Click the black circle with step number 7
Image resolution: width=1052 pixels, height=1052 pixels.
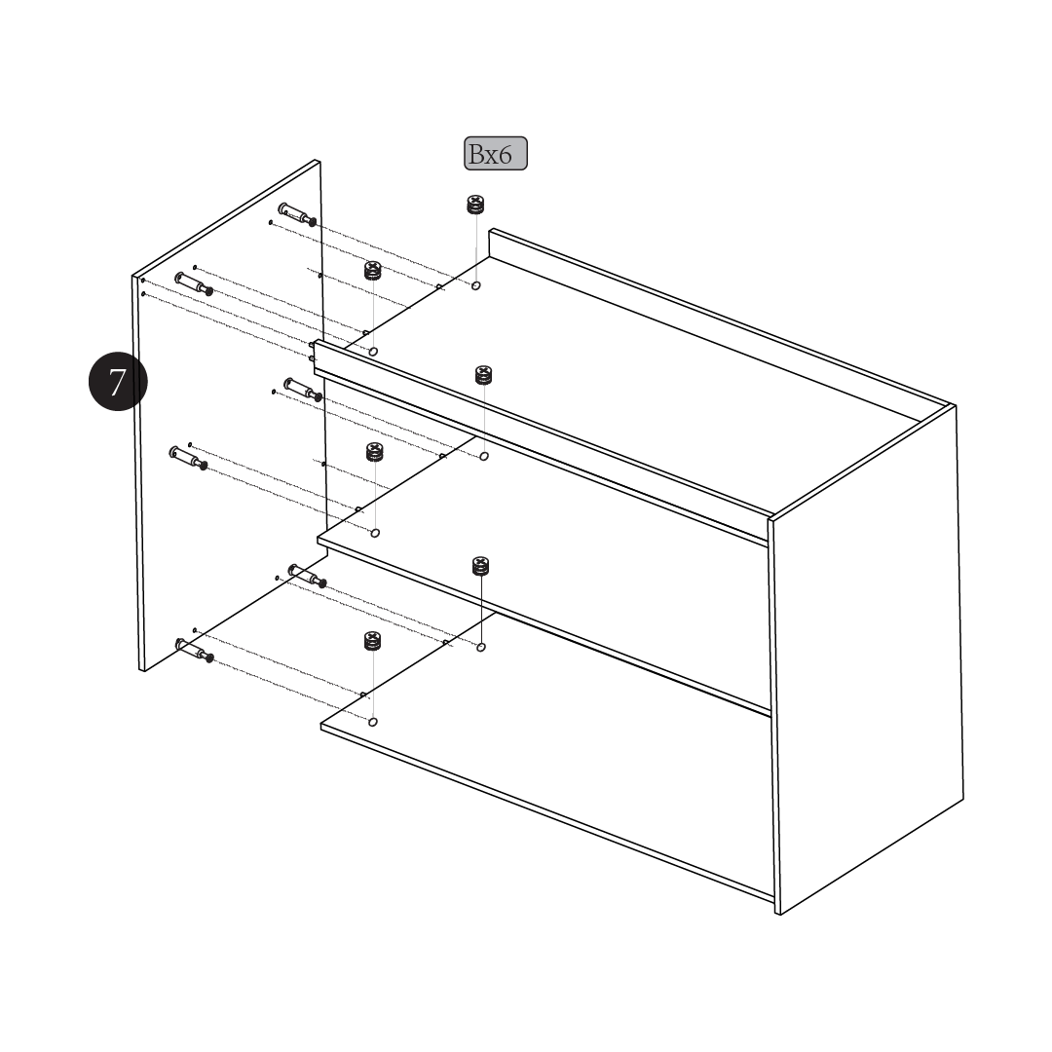[118, 381]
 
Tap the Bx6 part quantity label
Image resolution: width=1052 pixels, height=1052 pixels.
[496, 154]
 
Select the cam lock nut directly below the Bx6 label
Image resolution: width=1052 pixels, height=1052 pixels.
[475, 205]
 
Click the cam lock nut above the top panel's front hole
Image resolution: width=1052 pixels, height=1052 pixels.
[373, 271]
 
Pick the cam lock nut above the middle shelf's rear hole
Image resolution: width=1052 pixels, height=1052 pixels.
[483, 375]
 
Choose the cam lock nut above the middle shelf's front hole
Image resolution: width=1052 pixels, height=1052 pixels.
[375, 452]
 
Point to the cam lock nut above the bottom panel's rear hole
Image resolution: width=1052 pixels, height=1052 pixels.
[480, 566]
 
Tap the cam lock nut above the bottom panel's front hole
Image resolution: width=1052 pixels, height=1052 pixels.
[373, 641]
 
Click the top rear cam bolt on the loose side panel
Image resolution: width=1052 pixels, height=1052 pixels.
[297, 214]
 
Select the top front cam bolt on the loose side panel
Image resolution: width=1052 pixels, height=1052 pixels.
[194, 283]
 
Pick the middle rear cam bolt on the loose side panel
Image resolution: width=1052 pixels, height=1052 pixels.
[303, 389]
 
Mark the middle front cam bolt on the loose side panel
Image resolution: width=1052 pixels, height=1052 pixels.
[188, 458]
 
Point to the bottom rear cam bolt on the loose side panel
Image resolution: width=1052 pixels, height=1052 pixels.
[307, 576]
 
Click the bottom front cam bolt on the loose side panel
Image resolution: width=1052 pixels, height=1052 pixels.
[195, 650]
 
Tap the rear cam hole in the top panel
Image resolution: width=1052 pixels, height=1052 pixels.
[475, 285]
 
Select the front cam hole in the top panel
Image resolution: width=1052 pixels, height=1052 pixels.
[374, 352]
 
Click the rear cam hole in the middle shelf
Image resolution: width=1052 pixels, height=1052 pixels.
[484, 456]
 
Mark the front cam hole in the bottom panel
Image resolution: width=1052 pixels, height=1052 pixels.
[373, 722]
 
